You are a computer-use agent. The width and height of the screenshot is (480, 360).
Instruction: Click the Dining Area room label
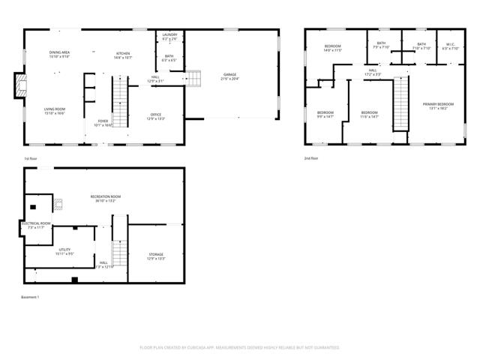tap(59, 54)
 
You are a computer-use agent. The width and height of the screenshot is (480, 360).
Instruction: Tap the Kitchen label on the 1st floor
tap(124, 54)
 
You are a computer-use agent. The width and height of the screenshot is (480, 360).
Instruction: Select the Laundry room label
tap(168, 35)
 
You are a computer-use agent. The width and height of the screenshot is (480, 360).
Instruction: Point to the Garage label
tap(229, 76)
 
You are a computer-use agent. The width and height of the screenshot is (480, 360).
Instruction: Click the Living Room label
tap(55, 111)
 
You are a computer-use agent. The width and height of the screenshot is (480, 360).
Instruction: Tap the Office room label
tap(156, 116)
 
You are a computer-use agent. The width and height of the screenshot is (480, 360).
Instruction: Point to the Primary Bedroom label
tap(438, 106)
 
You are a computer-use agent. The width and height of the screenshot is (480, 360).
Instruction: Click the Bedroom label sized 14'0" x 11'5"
tap(332, 49)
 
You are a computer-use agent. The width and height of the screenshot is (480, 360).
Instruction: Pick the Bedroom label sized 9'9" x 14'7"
tap(325, 115)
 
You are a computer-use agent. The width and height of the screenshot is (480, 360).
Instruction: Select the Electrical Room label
tap(35, 225)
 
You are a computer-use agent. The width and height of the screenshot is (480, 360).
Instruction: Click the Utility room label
tap(64, 252)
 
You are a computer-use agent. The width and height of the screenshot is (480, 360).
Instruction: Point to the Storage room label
tap(156, 257)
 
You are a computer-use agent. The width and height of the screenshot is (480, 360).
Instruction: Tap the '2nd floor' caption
tap(311, 159)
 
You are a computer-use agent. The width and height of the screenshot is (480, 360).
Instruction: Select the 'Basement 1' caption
tap(30, 298)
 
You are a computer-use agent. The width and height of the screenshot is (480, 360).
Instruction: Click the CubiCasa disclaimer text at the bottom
tap(240, 347)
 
